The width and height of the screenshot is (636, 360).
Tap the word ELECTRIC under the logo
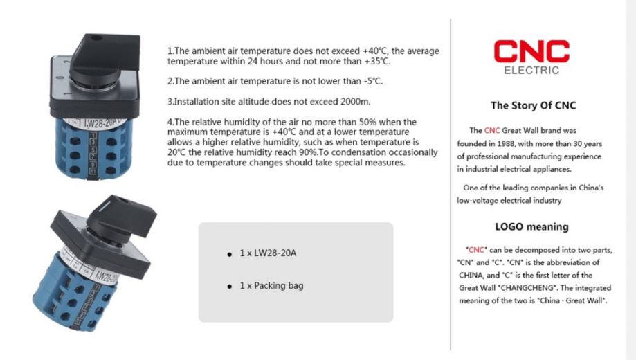click(531, 71)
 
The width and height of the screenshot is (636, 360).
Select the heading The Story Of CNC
click(533, 106)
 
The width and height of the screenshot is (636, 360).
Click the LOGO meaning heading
click(532, 226)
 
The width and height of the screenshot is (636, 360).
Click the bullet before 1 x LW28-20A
click(229, 255)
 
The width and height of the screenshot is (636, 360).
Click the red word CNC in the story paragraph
click(491, 130)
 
